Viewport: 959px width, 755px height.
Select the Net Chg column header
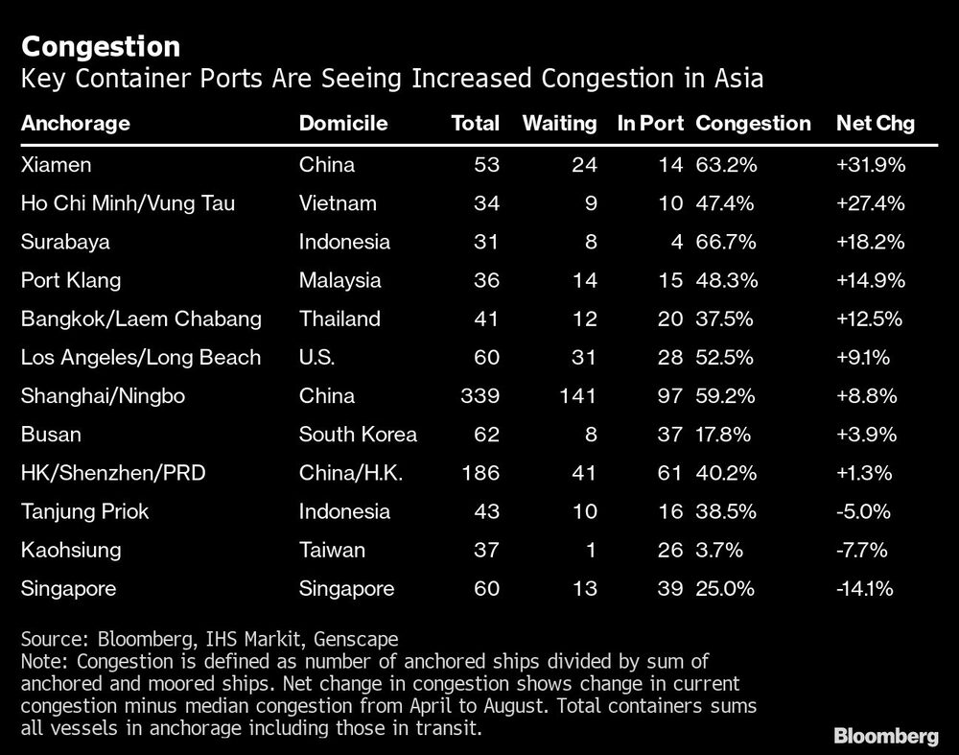pyautogui.click(x=875, y=124)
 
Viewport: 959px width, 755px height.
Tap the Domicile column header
pyautogui.click(x=343, y=124)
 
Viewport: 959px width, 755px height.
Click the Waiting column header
pyautogui.click(x=559, y=124)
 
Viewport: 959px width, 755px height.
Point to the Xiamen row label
pyautogui.click(x=57, y=164)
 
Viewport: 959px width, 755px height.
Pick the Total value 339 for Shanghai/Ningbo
pyautogui.click(x=480, y=395)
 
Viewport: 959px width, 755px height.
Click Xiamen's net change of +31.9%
pyautogui.click(x=871, y=164)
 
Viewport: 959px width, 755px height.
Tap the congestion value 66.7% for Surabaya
pyautogui.click(x=726, y=242)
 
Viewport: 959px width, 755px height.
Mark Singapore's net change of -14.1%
pyautogui.click(x=866, y=588)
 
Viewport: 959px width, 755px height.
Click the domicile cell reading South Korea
pyautogui.click(x=358, y=434)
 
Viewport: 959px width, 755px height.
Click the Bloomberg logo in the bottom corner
pyautogui.click(x=885, y=736)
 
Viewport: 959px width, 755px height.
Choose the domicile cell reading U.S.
pyautogui.click(x=319, y=357)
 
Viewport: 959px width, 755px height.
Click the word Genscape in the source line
pyautogui.click(x=357, y=639)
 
